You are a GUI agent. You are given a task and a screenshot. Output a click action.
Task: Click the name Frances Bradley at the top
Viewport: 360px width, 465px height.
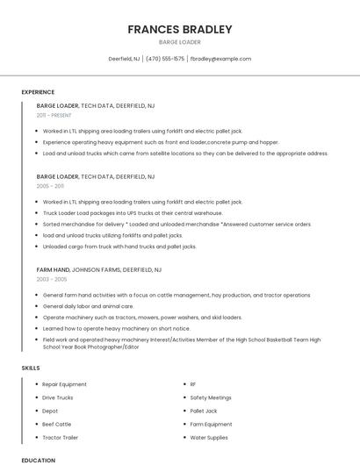(180, 29)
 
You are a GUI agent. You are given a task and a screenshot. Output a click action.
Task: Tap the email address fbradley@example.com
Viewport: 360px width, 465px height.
(220, 59)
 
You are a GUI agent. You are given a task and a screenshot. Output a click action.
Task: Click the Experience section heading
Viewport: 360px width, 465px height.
(38, 92)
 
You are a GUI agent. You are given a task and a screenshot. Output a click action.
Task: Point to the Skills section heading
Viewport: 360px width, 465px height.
(31, 368)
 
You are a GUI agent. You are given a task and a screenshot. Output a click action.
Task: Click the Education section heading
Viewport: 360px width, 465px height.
(38, 460)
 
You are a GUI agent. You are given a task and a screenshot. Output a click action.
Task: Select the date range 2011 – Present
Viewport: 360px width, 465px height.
(54, 115)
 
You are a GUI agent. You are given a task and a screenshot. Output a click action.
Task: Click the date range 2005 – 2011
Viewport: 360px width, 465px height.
(50, 186)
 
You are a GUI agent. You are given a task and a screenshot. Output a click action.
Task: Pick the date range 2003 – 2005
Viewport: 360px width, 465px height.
(52, 279)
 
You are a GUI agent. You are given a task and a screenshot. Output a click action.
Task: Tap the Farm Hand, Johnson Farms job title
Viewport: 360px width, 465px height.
(99, 269)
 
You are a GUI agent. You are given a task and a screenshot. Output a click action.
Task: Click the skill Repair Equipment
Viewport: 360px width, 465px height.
(64, 384)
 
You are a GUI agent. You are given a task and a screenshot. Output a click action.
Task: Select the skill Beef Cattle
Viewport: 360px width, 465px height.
(58, 424)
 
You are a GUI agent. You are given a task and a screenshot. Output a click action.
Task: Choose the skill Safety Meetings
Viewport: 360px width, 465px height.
(211, 397)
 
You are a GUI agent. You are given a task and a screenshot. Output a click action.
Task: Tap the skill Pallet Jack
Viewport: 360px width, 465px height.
(204, 411)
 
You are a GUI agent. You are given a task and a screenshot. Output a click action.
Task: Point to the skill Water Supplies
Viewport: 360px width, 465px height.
(209, 437)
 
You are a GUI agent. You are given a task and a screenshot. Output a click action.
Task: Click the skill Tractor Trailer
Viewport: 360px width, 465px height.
(61, 437)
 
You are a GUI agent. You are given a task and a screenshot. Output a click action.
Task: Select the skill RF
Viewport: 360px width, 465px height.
(193, 384)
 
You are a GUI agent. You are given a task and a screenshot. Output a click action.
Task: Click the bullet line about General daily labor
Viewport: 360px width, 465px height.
(88, 306)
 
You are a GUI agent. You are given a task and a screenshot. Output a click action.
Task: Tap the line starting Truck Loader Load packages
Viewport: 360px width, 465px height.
(133, 212)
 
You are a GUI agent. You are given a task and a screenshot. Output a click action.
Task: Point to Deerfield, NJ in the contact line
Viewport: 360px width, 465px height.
(124, 59)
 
